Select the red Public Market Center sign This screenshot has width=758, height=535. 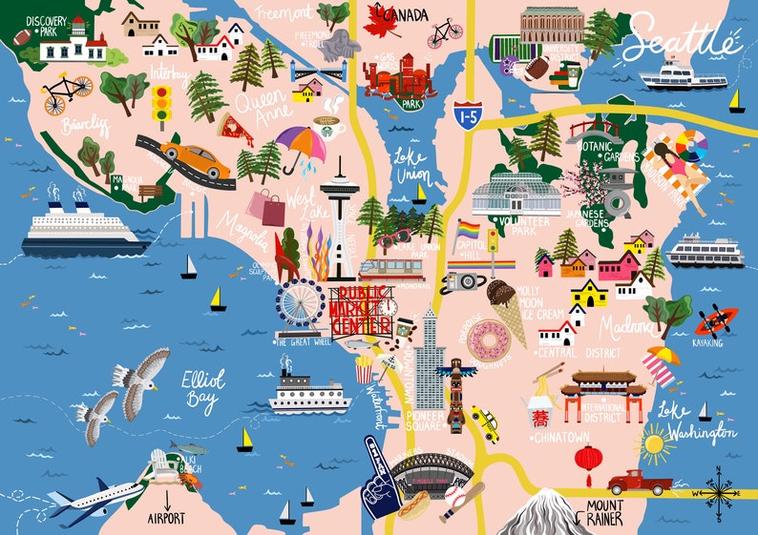pos(359,308)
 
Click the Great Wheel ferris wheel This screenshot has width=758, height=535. pos(299,302)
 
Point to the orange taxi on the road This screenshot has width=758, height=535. pos(195,158)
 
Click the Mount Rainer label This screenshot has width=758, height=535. pos(605,512)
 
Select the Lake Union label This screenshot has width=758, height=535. pos(413,166)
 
